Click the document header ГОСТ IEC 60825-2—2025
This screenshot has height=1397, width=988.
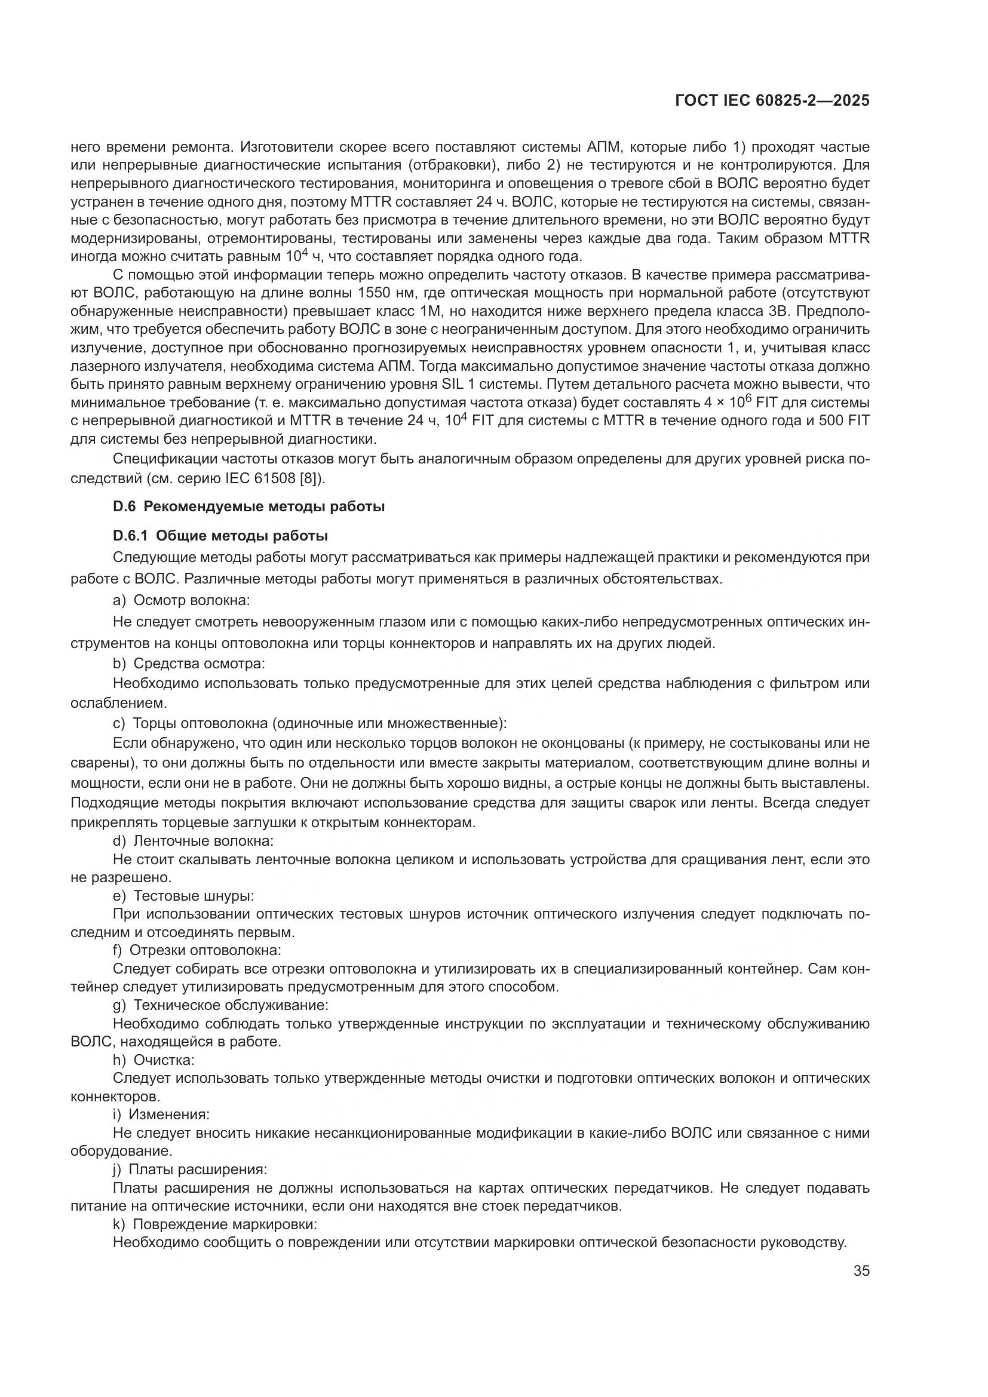point(772,101)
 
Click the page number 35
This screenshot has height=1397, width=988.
point(861,1270)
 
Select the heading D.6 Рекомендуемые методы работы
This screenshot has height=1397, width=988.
point(249,506)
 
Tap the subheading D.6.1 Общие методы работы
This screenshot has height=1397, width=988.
point(220,536)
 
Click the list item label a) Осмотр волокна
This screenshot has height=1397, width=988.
point(182,600)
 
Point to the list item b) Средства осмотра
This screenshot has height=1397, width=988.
point(189,663)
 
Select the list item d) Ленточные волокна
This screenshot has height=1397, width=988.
point(193,841)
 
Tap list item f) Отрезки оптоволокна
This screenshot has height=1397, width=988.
point(197,950)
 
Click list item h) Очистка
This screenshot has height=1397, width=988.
point(154,1060)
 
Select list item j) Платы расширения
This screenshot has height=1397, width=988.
point(190,1169)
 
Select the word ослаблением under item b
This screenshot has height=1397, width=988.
point(110,704)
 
